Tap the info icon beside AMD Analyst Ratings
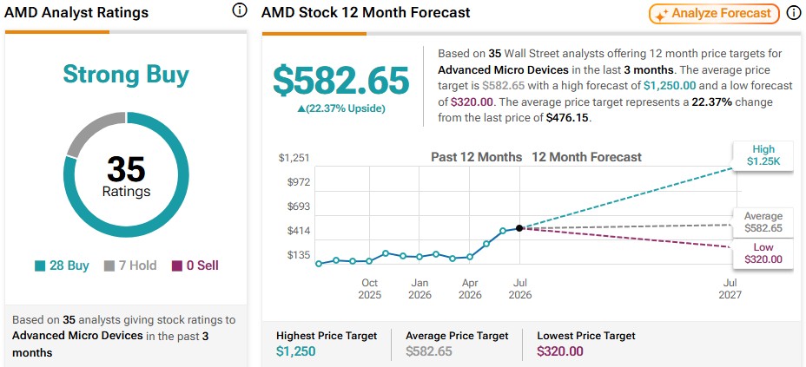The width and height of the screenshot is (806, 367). pos(240,10)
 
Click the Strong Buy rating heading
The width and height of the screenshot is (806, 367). pos(126,75)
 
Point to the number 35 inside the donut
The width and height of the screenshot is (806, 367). pos(126,169)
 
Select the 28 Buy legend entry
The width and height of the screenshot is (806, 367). pos(63,265)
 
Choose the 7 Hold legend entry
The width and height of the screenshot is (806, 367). pos(130,265)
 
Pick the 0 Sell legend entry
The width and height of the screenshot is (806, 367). pos(195,265)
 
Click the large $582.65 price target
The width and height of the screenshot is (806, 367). pos(340,81)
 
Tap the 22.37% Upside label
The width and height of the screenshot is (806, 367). pos(340,108)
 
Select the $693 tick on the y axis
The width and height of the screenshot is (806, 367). pos(298,206)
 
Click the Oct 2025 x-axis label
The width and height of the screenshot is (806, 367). pos(370,289)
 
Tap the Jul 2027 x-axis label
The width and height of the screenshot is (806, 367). pos(730,289)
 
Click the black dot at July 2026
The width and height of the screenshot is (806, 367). pos(519,228)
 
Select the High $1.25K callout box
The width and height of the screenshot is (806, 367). pos(763,155)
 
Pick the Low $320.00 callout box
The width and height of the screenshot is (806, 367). pos(763,253)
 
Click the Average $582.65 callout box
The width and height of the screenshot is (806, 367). pos(763,222)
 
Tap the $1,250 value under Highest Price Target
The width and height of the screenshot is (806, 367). pos(296,351)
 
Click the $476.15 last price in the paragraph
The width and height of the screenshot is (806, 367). pos(567,116)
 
